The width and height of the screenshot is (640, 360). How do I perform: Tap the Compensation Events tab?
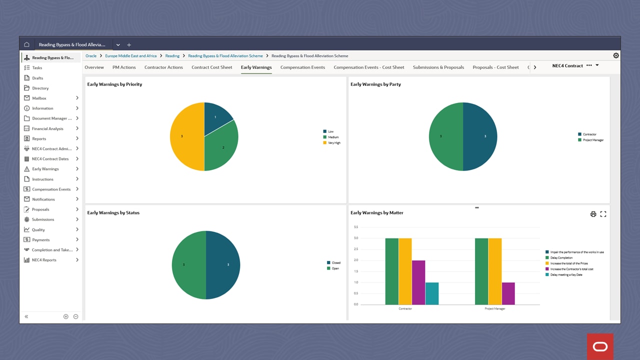pos(302,67)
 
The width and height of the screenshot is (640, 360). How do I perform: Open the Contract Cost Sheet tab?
pos(211,67)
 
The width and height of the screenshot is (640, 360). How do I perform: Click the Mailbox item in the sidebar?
pos(39,98)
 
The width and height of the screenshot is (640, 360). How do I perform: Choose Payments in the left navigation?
pos(40,239)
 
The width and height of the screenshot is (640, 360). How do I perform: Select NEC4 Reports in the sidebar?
pos(44,260)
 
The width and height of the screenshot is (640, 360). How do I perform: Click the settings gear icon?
pos(616,55)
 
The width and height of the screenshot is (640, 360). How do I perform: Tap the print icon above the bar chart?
pos(593,214)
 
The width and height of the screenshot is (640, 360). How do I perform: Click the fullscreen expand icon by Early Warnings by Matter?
pos(603,214)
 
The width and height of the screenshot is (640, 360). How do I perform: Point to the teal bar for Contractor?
pos(432,293)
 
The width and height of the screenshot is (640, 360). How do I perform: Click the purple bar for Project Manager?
pos(508,293)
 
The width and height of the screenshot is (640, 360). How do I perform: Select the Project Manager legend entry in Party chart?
pos(592,140)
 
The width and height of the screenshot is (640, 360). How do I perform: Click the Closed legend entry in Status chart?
pos(335,262)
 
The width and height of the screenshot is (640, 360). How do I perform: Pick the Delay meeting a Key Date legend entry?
pos(566,274)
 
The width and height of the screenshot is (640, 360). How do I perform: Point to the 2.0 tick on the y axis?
pos(356,260)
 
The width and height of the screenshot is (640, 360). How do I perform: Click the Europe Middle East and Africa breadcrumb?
pos(130,56)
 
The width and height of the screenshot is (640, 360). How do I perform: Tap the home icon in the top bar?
pos(26,44)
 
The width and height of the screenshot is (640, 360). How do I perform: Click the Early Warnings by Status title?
pos(113,212)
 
